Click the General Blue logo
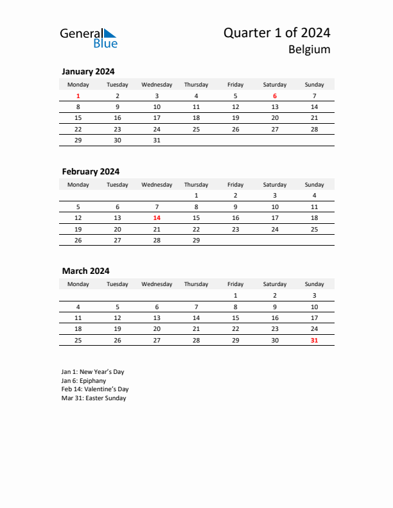tap(89, 38)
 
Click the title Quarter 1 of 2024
tap(277, 33)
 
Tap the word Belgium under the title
tap(309, 49)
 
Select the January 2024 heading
tap(88, 72)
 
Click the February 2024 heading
tap(91, 171)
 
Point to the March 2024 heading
tap(85, 271)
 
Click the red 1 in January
tap(78, 96)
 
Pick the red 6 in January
tap(275, 96)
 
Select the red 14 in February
tap(157, 217)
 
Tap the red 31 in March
tap(314, 340)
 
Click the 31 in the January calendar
tap(157, 140)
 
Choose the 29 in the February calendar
tap(196, 241)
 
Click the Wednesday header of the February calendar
tap(157, 185)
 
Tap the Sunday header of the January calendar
tap(314, 85)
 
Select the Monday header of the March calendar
tap(78, 284)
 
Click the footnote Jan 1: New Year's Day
tap(92, 371)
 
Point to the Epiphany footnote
tap(83, 380)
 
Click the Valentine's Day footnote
tap(95, 389)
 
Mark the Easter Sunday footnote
tap(94, 398)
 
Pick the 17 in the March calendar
tap(314, 317)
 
